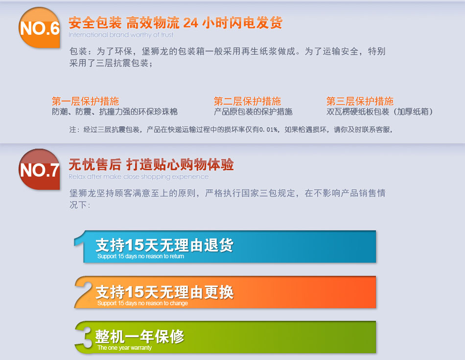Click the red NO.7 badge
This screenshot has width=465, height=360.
point(40,169)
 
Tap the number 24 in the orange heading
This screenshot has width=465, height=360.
point(190,23)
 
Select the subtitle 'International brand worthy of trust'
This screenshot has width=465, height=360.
point(121,35)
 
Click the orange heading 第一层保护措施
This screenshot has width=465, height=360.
point(85,101)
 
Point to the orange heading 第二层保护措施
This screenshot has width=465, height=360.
point(247,101)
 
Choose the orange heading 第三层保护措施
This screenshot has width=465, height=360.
point(360,101)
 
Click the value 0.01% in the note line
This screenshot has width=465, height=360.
point(268,130)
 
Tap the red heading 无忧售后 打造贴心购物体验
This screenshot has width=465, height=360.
point(151,164)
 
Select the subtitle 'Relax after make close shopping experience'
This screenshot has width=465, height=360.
point(139,177)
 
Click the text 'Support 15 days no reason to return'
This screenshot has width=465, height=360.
point(140,256)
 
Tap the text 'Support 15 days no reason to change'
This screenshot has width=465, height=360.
point(142,303)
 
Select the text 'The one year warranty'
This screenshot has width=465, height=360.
point(124,348)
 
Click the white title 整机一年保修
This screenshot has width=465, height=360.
point(139,337)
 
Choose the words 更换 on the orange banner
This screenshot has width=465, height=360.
point(219,292)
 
